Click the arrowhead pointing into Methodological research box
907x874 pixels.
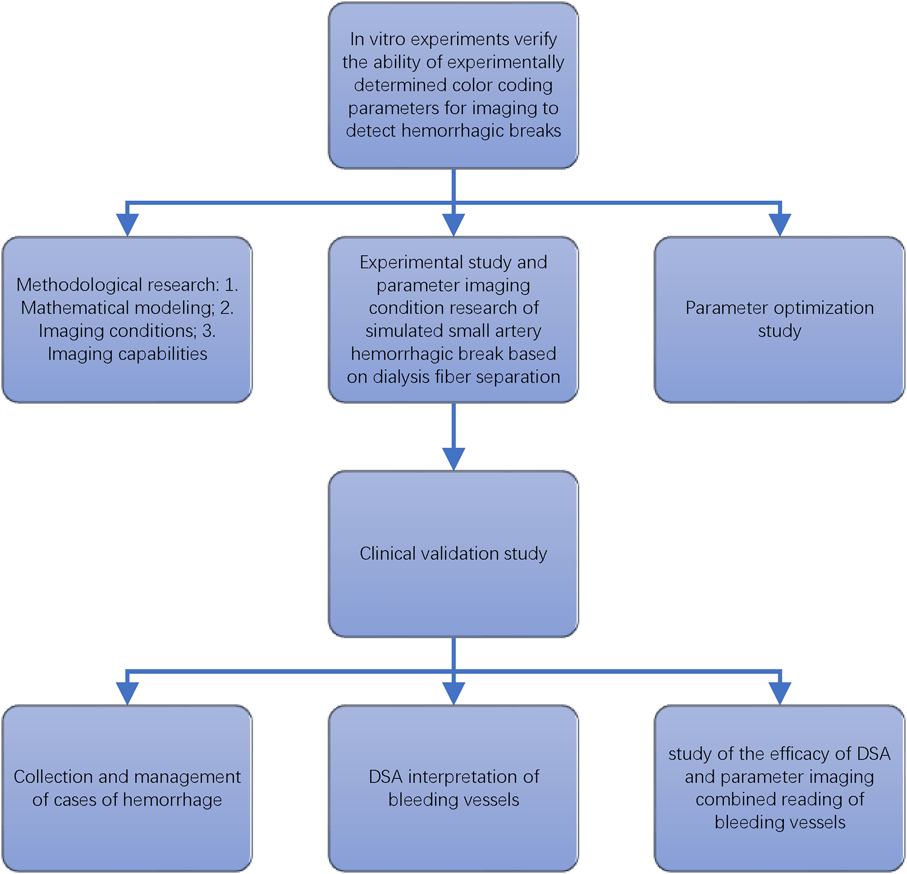coord(128,224)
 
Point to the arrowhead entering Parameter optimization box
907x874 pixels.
coord(780,224)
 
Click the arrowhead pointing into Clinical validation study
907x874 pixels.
coord(453,458)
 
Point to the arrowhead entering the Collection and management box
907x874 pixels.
coord(128,693)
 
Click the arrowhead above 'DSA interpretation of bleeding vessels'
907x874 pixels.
coord(453,693)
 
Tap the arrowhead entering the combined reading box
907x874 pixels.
coord(780,693)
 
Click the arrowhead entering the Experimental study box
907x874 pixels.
coord(453,224)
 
